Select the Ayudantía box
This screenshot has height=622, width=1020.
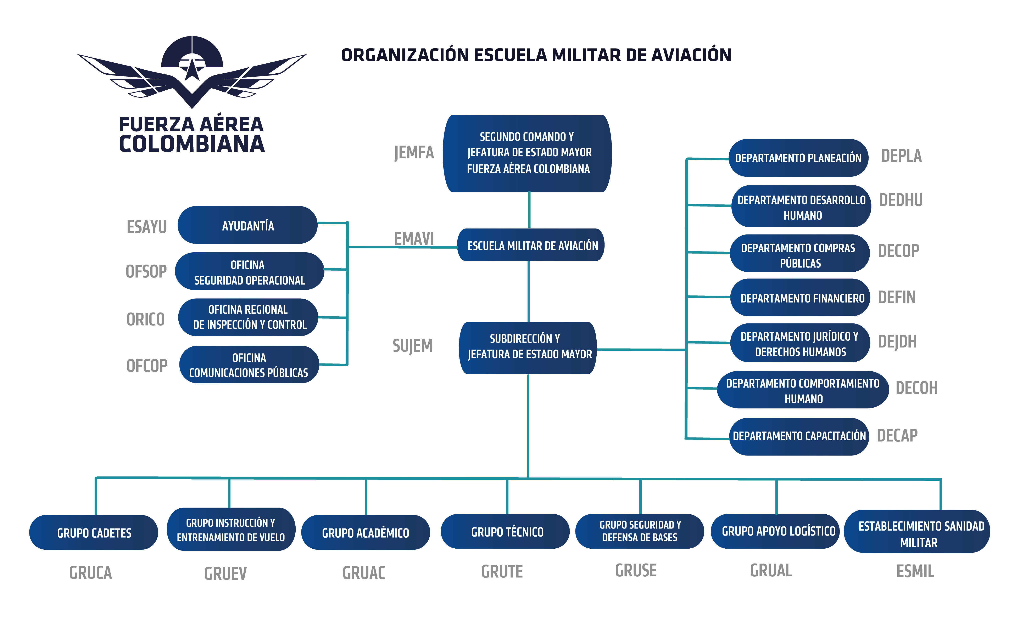click(247, 225)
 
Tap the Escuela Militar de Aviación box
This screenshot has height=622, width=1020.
click(531, 245)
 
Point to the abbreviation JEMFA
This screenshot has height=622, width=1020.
click(414, 153)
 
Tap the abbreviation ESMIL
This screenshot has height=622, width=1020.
click(915, 571)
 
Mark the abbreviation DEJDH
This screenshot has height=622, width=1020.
click(897, 342)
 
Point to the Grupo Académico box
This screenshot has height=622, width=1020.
click(366, 533)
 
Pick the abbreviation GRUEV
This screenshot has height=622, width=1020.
click(226, 573)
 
